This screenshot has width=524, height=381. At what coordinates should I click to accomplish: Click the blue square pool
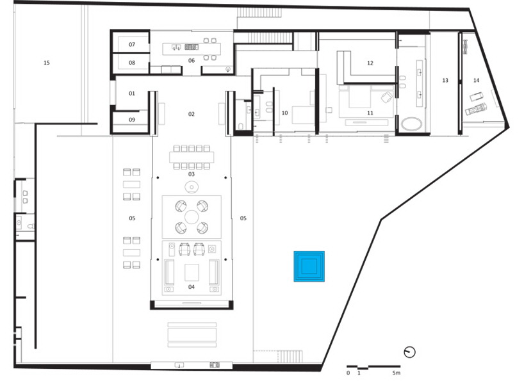(309, 266)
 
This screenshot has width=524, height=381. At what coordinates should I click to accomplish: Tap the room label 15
(47, 63)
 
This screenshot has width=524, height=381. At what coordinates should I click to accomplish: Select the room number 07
(132, 44)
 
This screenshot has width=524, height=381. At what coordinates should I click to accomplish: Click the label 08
(132, 63)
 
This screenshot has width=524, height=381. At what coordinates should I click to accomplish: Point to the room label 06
(192, 60)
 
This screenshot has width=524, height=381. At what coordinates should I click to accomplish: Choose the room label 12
(370, 63)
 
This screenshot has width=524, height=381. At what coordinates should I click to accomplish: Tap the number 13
(445, 80)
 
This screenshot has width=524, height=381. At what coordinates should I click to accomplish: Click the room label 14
(476, 80)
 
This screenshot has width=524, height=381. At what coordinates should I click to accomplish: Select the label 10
(284, 113)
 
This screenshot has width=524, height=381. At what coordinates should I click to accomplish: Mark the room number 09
(132, 120)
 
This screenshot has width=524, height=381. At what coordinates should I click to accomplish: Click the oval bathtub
(412, 124)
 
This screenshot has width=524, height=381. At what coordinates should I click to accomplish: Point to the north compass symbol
(409, 352)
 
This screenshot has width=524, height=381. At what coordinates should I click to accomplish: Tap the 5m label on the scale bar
(396, 373)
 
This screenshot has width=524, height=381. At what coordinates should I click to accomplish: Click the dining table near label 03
(192, 157)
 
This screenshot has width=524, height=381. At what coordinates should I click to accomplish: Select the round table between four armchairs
(192, 217)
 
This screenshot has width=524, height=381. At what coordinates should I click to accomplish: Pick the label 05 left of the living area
(132, 218)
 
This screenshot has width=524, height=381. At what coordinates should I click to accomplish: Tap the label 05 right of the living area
(243, 218)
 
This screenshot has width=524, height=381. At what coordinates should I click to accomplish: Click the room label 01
(132, 93)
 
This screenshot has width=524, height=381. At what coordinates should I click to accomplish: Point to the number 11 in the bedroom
(370, 113)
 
